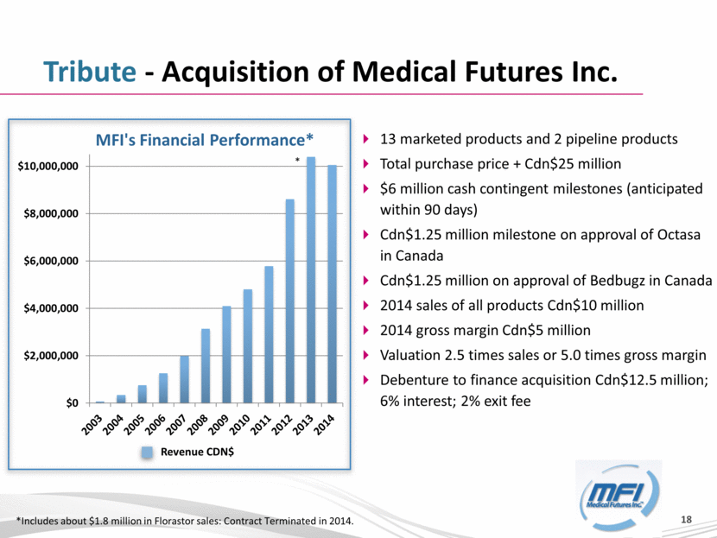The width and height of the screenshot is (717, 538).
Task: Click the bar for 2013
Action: coord(310,280)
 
